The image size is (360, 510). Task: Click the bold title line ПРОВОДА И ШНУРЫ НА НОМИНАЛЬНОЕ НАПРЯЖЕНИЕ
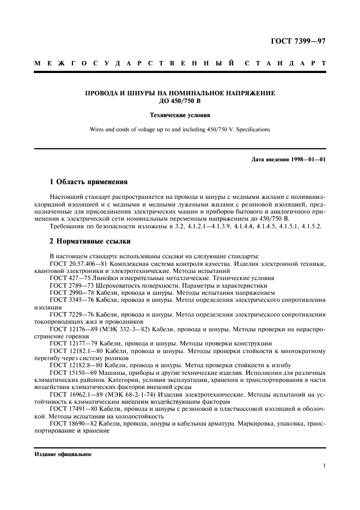click(180, 93)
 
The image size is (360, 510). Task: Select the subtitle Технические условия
click(180, 116)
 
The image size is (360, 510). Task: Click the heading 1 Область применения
click(88, 181)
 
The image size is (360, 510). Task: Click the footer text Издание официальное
click(63, 454)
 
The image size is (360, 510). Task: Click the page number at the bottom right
click(324, 466)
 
